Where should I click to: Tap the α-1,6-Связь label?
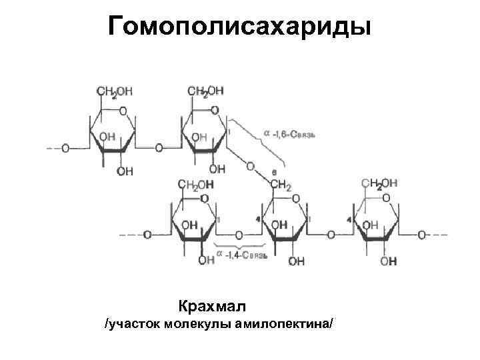point(288,134)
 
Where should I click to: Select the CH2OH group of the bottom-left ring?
point(195,184)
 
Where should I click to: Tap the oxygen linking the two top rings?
point(159,148)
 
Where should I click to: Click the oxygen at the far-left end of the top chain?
point(65,148)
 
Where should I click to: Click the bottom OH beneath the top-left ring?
point(125,171)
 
